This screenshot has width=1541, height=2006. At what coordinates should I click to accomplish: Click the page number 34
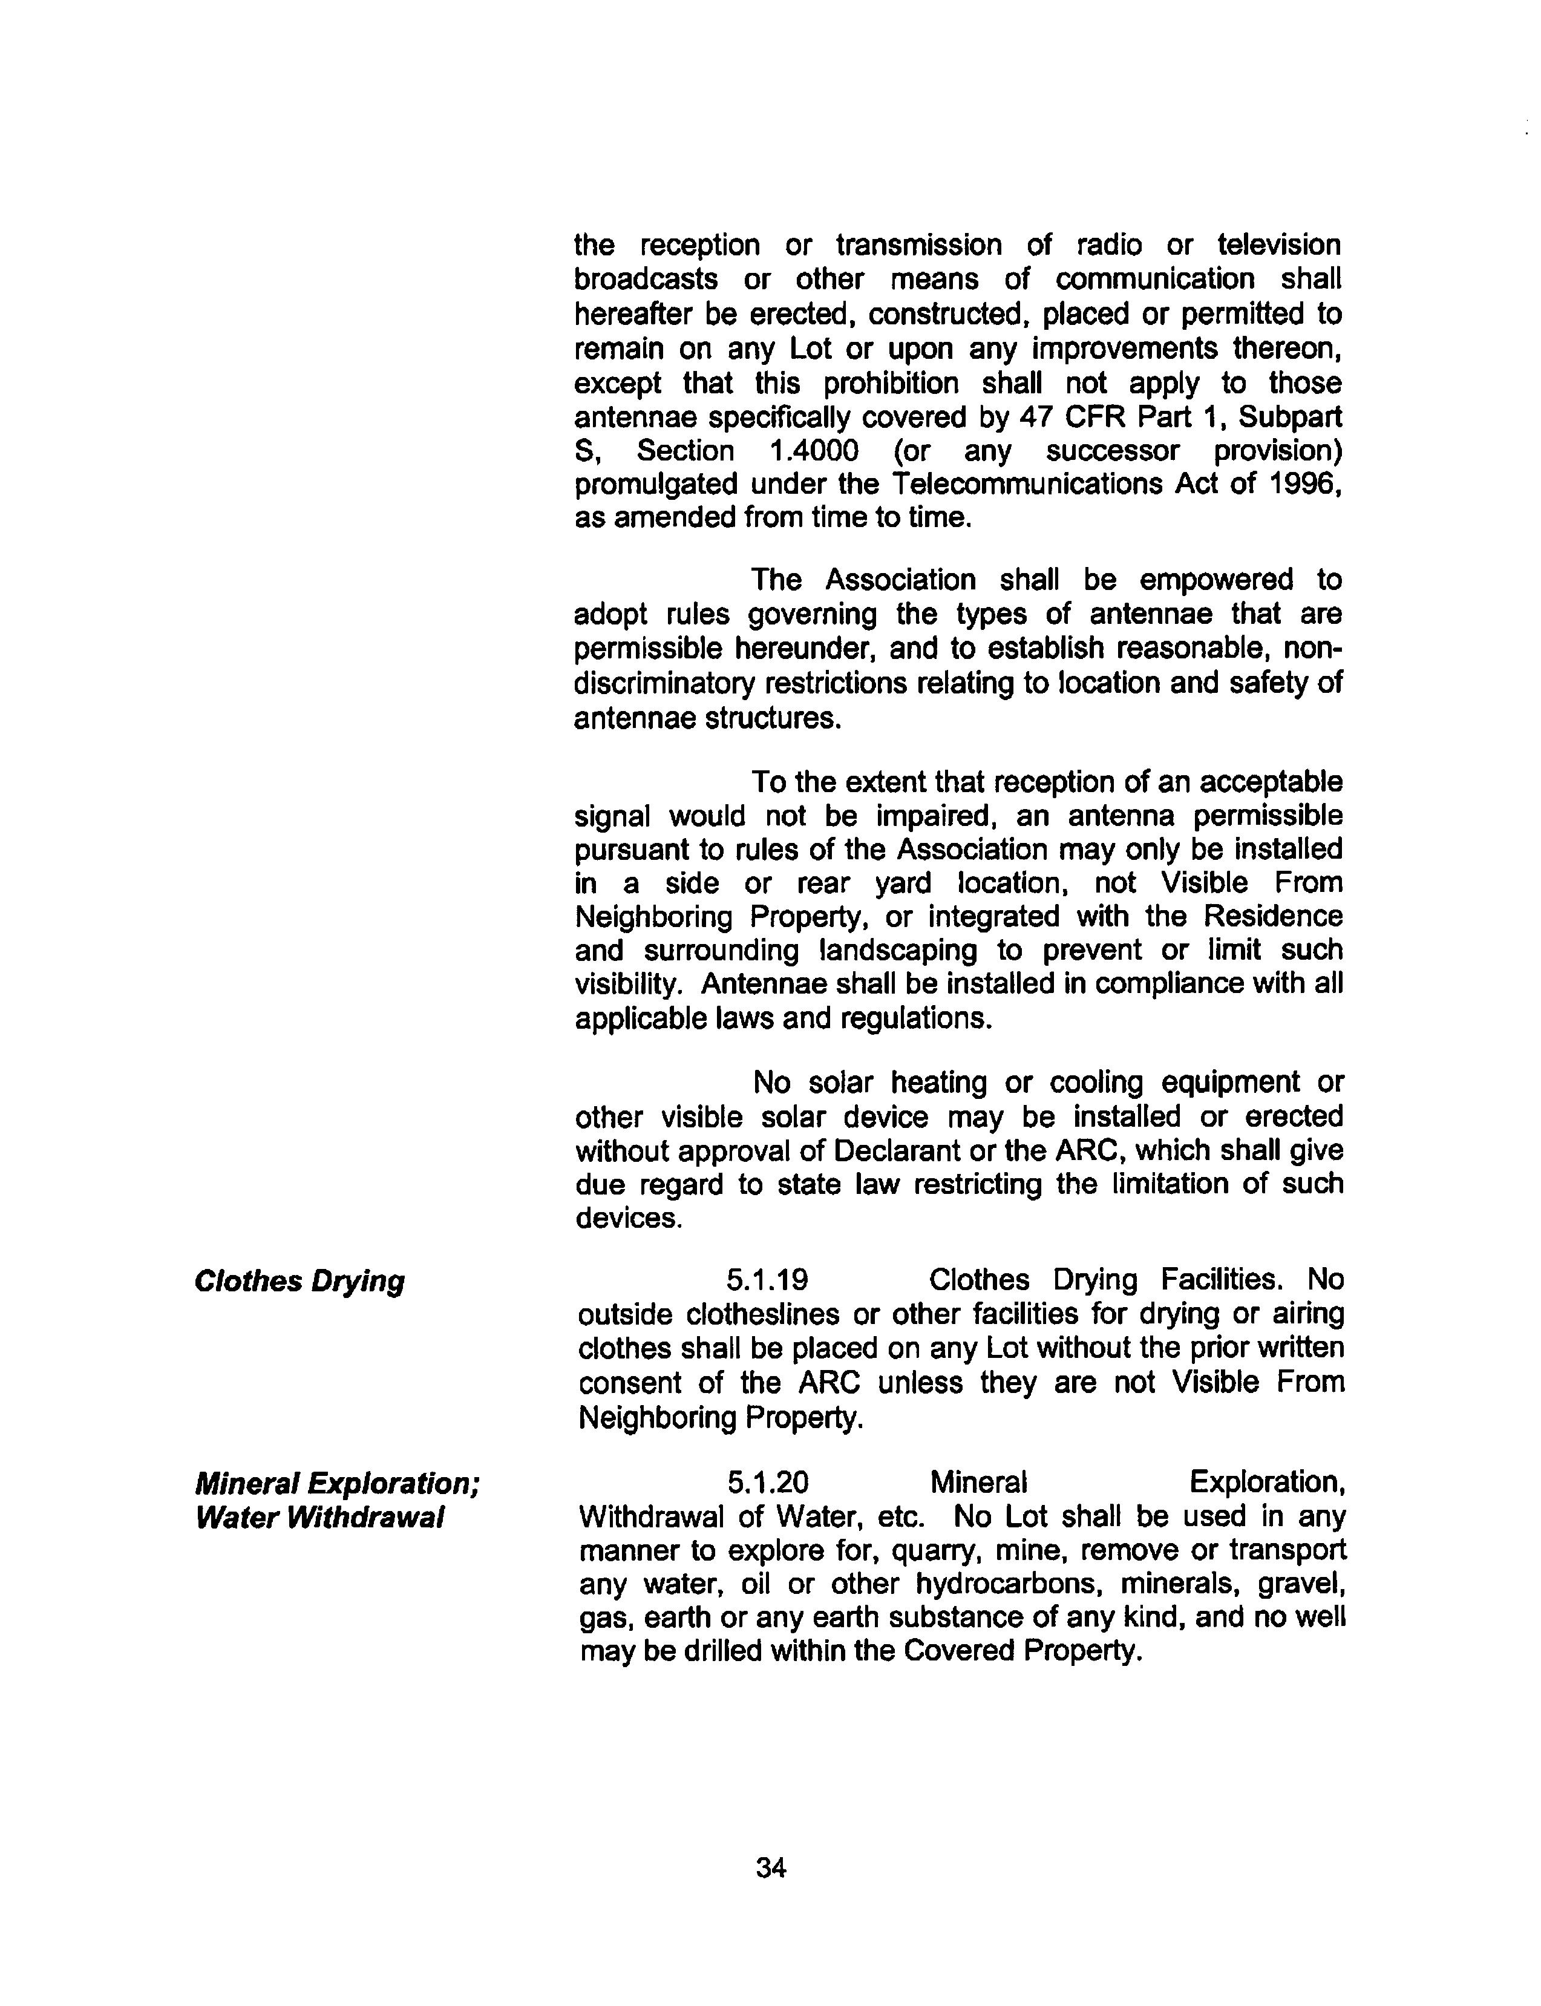[x=771, y=1867]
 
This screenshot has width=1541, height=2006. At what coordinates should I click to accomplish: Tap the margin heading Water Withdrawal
[x=320, y=1518]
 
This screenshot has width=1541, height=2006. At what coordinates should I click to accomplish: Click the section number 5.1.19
[x=768, y=1280]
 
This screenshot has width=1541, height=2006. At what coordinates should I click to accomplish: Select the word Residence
[x=1273, y=916]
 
